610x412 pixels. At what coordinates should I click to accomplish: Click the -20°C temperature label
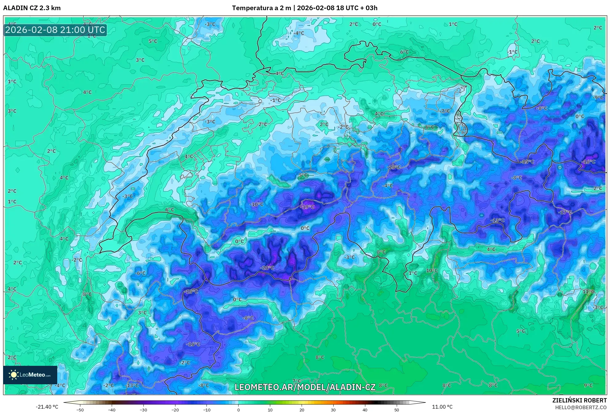[x=267, y=268]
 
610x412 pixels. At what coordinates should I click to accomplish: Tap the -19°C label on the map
[x=307, y=207]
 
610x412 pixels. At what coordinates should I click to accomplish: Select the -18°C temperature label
[x=394, y=167]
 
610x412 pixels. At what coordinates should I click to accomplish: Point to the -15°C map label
[x=527, y=162]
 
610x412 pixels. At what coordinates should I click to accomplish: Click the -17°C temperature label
[x=565, y=212]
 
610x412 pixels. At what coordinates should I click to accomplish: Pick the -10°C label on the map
[x=256, y=204]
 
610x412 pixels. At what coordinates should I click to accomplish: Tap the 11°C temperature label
[x=588, y=291]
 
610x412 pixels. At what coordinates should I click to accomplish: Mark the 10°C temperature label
[x=431, y=270]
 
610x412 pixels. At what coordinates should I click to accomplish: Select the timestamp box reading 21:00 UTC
[x=55, y=30]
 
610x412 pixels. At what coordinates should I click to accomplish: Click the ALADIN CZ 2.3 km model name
[x=32, y=8]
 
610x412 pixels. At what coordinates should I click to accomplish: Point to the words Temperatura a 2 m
[x=261, y=8]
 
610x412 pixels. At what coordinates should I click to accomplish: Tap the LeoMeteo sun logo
[x=14, y=375]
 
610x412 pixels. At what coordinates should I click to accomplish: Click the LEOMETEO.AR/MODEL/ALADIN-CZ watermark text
[x=305, y=387]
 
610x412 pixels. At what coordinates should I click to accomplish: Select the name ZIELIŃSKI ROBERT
[x=580, y=400]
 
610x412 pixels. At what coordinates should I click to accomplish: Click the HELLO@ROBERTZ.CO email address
[x=581, y=407]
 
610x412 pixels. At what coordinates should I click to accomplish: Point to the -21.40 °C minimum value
[x=47, y=407]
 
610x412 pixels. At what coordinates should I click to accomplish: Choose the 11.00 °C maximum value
[x=442, y=407]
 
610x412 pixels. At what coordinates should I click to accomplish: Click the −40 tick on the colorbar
[x=112, y=410]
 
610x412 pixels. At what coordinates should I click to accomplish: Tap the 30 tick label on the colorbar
[x=333, y=410]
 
